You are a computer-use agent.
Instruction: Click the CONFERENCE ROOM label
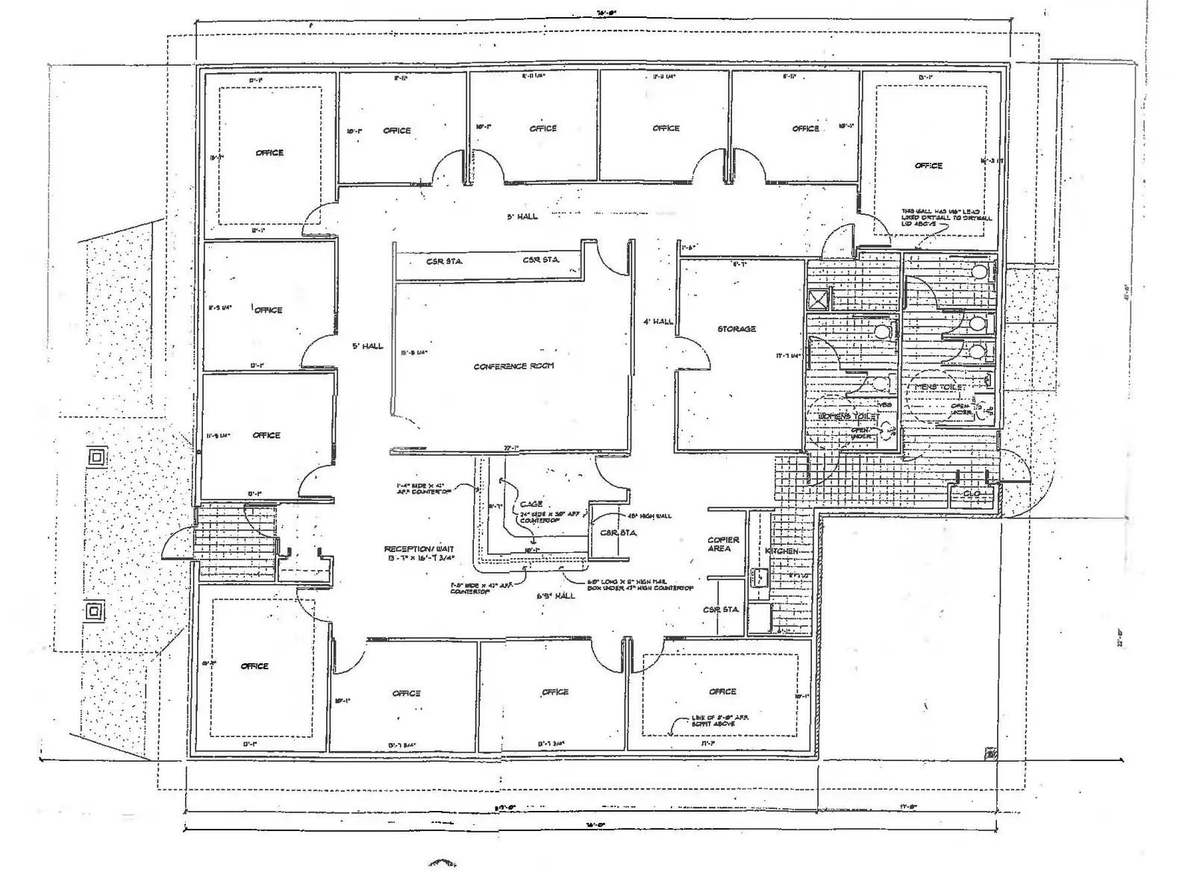[x=513, y=366]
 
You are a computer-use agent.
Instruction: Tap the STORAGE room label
[x=737, y=329]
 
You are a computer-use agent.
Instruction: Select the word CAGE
[x=531, y=504]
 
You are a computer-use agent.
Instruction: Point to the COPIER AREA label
[x=723, y=544]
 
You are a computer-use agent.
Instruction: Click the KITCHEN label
[x=781, y=551]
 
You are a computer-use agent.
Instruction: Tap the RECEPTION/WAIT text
[x=419, y=549]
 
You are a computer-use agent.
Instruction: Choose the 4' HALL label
[x=658, y=322]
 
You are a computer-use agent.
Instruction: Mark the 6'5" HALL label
[x=556, y=596]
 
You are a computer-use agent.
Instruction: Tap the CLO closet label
[x=972, y=494]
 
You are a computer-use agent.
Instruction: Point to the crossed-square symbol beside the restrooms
[x=819, y=300]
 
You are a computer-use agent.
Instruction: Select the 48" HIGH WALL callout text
[x=649, y=516]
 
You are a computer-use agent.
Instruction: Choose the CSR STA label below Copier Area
[x=720, y=610]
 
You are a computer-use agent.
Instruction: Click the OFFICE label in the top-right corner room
[x=928, y=166]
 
